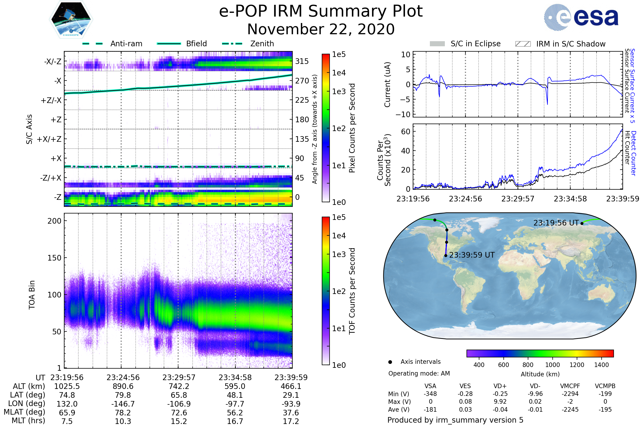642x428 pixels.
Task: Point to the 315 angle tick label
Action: pyautogui.click(x=302, y=61)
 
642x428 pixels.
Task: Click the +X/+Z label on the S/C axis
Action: pyautogui.click(x=49, y=139)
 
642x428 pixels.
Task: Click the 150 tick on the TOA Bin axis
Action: pyautogui.click(x=54, y=258)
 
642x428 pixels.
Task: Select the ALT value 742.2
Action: pyautogui.click(x=179, y=387)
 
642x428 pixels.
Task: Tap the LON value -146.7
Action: pyautogui.click(x=123, y=404)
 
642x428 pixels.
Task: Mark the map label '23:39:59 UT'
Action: pyautogui.click(x=472, y=255)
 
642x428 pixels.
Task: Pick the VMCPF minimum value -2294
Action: pyautogui.click(x=570, y=394)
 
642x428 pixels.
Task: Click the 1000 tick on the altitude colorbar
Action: pyautogui.click(x=552, y=365)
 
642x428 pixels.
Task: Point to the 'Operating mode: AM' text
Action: pyautogui.click(x=419, y=373)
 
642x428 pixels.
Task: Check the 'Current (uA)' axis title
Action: pyautogui.click(x=387, y=85)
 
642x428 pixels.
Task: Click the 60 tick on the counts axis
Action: pyautogui.click(x=406, y=132)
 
